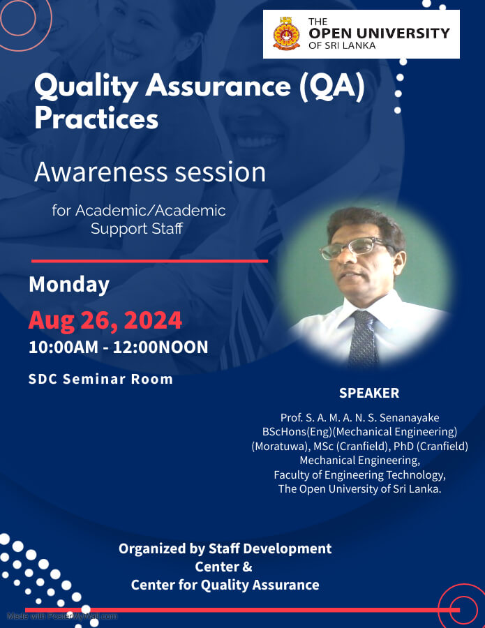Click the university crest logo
(286, 33)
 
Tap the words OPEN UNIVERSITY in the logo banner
(379, 33)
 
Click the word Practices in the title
(96, 119)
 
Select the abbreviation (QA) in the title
(332, 86)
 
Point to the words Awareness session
(150, 172)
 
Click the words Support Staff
(137, 229)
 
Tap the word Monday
(69, 285)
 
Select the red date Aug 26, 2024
(105, 320)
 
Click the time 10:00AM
(64, 347)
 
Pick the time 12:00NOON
(161, 347)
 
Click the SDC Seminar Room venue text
(100, 380)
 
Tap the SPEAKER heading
(369, 393)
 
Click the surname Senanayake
(410, 418)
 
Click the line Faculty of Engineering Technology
(359, 475)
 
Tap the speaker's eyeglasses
(352, 247)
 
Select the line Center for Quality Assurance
(225, 585)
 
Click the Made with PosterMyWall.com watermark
(62, 616)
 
